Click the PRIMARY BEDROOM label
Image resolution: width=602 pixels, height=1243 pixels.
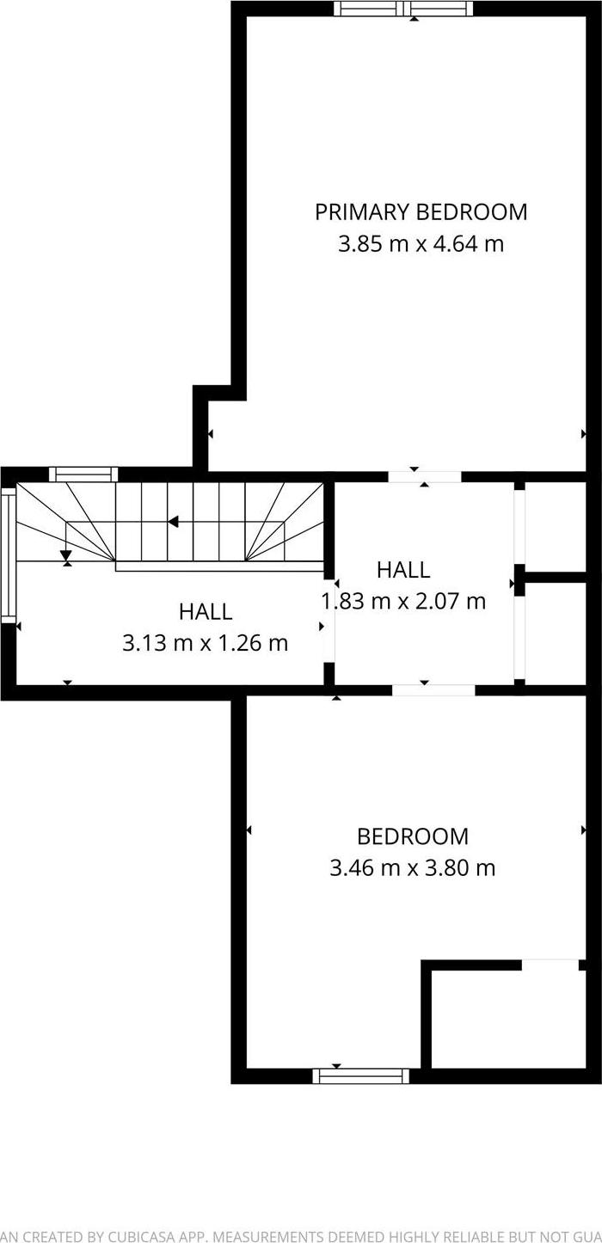coord(421,212)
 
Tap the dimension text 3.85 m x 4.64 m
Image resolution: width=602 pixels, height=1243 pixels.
coord(421,244)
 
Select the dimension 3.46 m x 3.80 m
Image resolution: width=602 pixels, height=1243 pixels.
coord(413,868)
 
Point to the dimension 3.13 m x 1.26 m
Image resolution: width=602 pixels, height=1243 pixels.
coord(205,643)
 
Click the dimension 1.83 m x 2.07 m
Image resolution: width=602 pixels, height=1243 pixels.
coord(403,602)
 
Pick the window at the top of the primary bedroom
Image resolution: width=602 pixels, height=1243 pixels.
coord(403,9)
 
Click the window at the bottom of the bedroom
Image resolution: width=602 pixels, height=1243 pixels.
coord(361,1076)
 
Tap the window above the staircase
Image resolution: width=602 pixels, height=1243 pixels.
coord(84,475)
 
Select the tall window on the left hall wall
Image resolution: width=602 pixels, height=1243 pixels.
coord(9,555)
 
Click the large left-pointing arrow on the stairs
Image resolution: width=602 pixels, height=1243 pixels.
coord(173,522)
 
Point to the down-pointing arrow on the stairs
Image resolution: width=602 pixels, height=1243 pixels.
coord(66,555)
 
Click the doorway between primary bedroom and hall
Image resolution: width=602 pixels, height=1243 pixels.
coord(425,477)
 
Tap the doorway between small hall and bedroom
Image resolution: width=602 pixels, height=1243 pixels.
coord(433,690)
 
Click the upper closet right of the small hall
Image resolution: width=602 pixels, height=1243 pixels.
coord(556,527)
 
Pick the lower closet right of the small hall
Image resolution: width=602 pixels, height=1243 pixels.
coord(556,634)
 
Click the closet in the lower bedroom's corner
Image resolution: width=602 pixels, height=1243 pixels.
coord(509,1019)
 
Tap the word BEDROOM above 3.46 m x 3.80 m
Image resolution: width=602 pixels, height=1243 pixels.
coord(413,836)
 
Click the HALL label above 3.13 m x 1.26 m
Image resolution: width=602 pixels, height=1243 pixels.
coord(206,611)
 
